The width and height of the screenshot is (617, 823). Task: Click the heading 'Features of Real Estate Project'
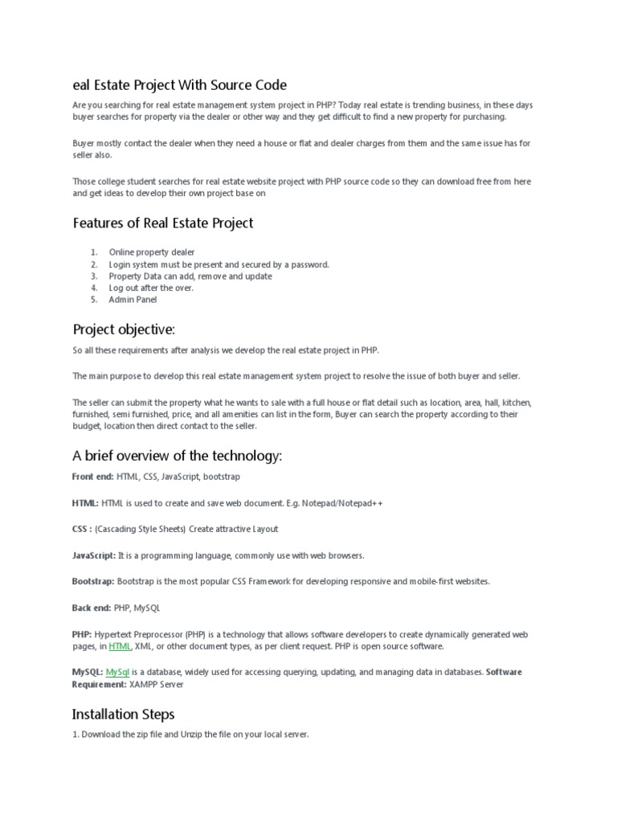pos(162,223)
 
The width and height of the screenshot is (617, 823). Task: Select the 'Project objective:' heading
pos(123,329)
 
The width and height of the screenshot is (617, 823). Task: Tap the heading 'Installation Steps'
pos(123,714)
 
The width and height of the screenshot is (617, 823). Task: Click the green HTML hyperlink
pos(120,646)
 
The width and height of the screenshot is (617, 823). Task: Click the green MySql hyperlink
pos(117,672)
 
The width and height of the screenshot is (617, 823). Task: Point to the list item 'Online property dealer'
pos(151,252)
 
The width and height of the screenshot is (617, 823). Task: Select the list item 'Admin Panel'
pos(133,300)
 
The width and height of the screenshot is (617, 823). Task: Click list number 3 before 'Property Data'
pos(93,276)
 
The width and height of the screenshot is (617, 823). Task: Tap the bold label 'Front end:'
pos(92,477)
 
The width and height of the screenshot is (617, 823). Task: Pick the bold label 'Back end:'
pos(91,608)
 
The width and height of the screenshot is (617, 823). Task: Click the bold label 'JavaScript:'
pos(94,555)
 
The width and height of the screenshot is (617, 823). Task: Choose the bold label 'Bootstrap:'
pos(93,581)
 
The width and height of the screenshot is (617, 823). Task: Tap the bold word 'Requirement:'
pos(100,685)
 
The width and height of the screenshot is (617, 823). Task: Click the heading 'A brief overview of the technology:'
pos(177,457)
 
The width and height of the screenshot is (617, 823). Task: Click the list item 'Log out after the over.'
pos(151,288)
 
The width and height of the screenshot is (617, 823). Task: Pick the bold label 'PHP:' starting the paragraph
pos(82,634)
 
